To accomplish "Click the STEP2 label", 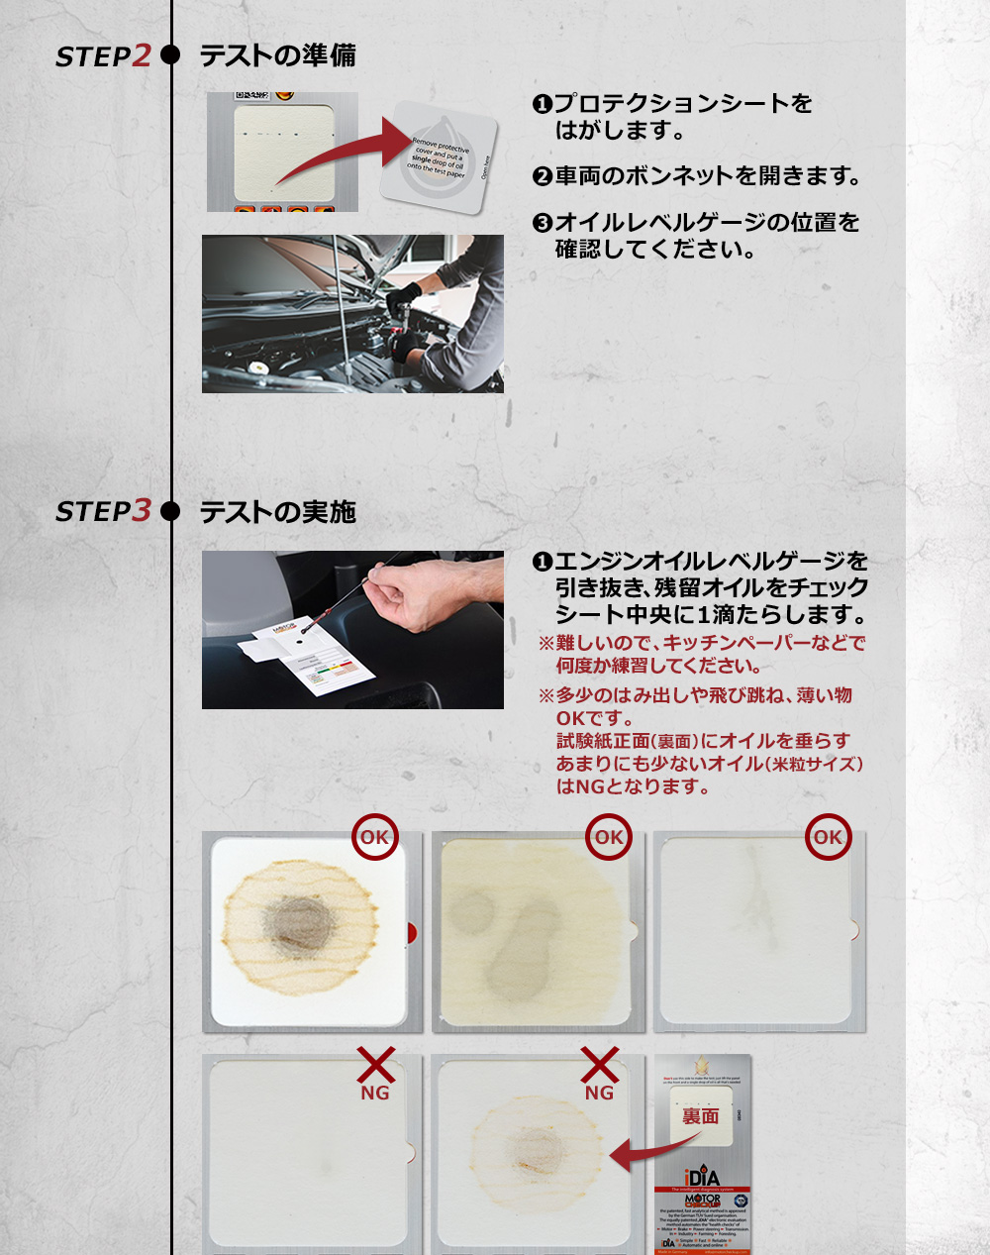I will (x=103, y=56).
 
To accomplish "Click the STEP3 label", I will (x=103, y=511).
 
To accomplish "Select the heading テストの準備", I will (x=277, y=55).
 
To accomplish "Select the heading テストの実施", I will (x=277, y=512).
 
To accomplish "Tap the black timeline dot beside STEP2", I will (x=170, y=55).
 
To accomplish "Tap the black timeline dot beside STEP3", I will (x=170, y=511).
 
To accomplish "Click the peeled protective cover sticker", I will (x=440, y=156).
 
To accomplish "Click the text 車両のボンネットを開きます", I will (x=707, y=176).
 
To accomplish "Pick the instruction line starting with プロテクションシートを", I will (x=683, y=103).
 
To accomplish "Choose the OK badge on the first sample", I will (x=375, y=837).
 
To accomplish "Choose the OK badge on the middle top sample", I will (x=608, y=837).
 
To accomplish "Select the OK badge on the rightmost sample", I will (x=828, y=837).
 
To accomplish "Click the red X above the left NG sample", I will (x=375, y=1066).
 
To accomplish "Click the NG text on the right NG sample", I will (x=599, y=1093).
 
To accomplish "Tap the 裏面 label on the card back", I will (x=701, y=1116).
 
